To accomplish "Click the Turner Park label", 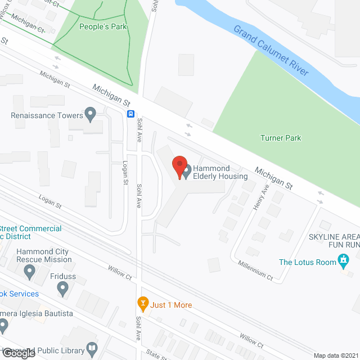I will tap(281, 138).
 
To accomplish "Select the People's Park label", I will tap(103, 26).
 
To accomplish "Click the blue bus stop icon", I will tap(130, 114).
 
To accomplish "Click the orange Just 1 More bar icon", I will tap(142, 304).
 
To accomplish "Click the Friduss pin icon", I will tap(62, 289).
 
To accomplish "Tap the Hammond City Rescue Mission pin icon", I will tap(29, 272).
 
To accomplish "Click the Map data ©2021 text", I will tap(335, 355).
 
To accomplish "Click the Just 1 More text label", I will tap(172, 305).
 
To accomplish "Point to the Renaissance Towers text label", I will tap(47, 116).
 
